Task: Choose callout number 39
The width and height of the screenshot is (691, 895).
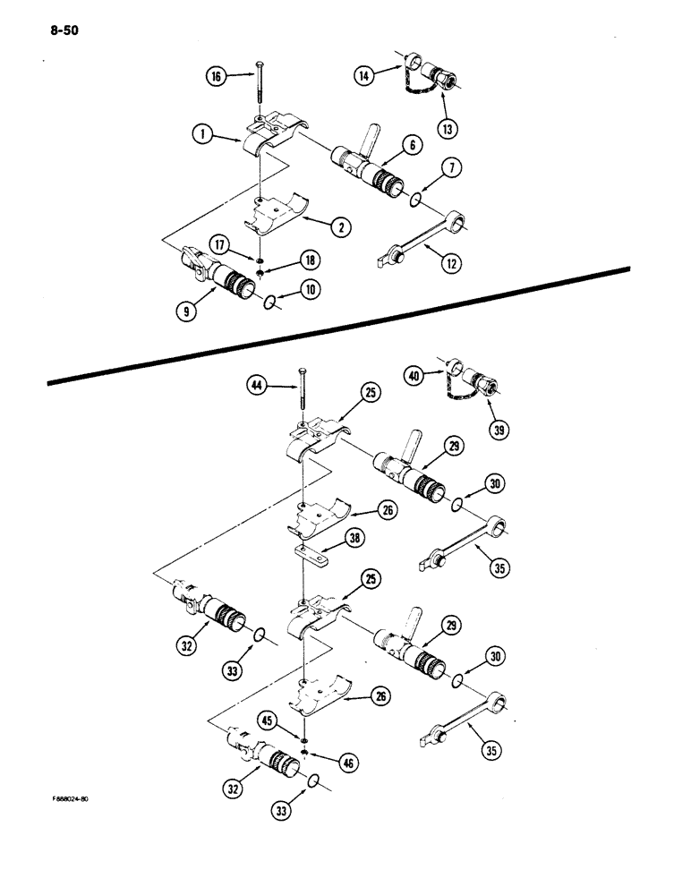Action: point(494,431)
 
